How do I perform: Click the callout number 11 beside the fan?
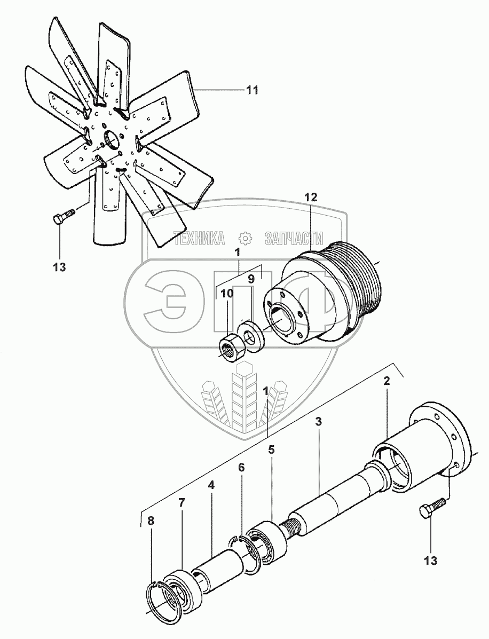[x=251, y=90]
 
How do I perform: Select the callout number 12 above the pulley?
[x=311, y=197]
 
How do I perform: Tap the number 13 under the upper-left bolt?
[x=59, y=267]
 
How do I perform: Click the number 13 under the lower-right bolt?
[x=431, y=561]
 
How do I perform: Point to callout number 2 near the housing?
[x=387, y=381]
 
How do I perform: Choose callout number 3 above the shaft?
[x=318, y=422]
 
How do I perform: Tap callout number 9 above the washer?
[x=250, y=278]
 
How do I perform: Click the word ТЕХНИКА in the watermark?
[x=199, y=238]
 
